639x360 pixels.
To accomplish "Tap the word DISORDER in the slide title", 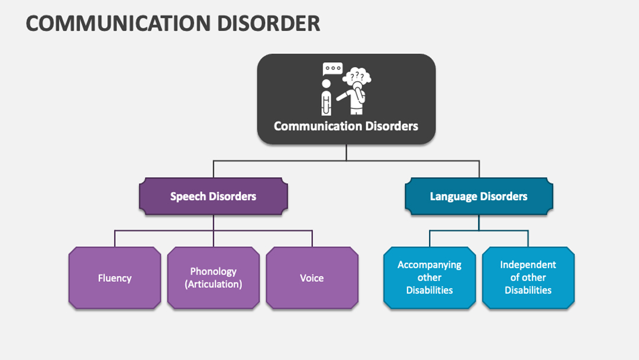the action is (269, 23).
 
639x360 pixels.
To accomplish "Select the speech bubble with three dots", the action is (333, 69).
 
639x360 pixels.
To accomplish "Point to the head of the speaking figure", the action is (327, 83).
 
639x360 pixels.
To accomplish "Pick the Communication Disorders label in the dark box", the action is (346, 126).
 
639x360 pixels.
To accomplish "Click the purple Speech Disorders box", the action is (214, 196).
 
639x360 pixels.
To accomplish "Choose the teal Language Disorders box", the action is (479, 196).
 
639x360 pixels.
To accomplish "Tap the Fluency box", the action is (115, 278).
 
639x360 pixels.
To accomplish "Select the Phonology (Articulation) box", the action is (214, 278).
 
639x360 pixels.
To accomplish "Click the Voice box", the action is (312, 278).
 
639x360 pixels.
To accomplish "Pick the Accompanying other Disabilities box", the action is (430, 278).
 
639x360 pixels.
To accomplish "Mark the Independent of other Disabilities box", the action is (528, 278).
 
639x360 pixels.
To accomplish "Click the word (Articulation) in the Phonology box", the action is (214, 284).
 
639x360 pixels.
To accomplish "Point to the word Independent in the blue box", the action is (528, 265).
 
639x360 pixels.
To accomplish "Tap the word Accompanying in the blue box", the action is (430, 265).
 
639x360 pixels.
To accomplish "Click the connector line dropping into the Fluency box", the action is (115, 239).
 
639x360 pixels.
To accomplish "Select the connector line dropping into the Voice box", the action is (312, 239).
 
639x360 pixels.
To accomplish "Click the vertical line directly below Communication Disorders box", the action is (346, 153).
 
